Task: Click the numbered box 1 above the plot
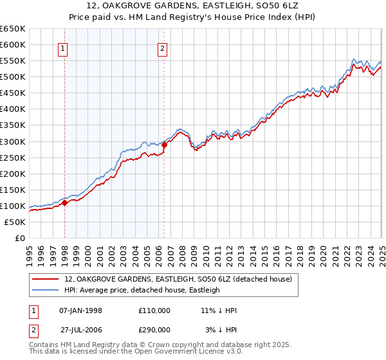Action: [64, 48]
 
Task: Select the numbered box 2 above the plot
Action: [162, 48]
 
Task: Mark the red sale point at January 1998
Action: [65, 203]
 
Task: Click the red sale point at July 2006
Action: [165, 145]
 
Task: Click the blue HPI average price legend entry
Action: [142, 290]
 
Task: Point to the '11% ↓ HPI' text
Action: [219, 310]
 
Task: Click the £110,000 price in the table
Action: [154, 310]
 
